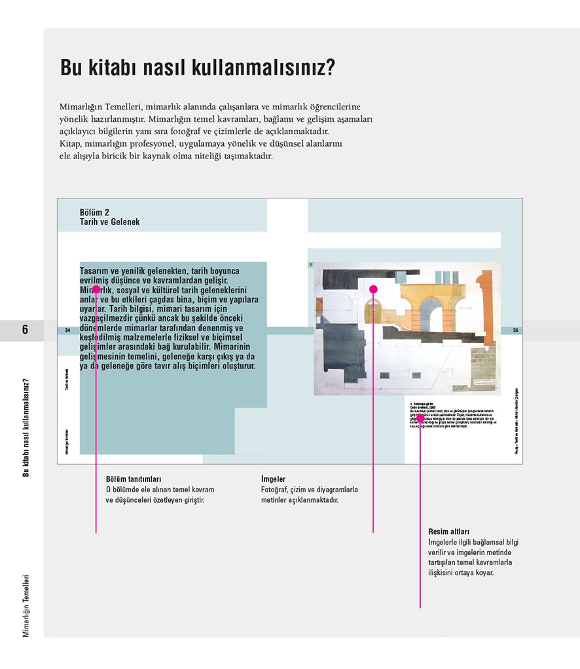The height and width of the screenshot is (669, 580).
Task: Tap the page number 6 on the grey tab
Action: point(25,330)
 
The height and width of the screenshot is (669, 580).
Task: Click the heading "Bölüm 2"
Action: point(94,212)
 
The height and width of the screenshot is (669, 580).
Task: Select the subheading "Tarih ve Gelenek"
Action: point(109,222)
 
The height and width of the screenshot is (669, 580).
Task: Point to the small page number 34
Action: point(67,331)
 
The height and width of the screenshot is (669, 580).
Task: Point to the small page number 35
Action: point(515,331)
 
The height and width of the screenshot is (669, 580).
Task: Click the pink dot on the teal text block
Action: point(96,289)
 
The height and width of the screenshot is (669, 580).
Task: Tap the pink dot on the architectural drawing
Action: point(373,289)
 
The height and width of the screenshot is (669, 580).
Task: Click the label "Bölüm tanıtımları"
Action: point(134,479)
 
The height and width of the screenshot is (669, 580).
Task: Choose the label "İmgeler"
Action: point(273,479)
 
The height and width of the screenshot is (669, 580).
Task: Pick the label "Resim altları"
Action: point(448,532)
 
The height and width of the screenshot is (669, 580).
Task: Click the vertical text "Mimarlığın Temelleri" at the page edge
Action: point(26,606)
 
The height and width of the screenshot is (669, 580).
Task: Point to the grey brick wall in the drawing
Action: point(481,370)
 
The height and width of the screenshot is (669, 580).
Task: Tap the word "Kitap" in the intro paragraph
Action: point(70,143)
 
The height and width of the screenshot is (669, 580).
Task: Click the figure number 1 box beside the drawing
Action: point(310,265)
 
